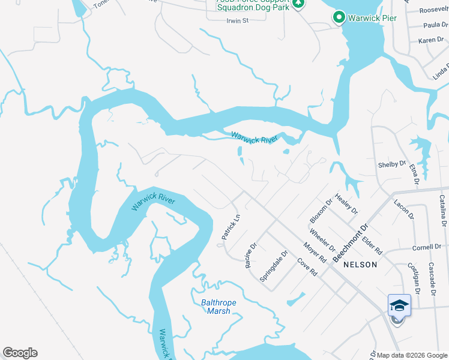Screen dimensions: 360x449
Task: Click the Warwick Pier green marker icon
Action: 339,18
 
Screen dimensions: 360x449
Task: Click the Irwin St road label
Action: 237,20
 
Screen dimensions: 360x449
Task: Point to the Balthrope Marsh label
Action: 215,307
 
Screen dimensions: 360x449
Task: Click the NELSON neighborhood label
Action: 361,265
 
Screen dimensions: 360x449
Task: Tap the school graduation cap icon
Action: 399,306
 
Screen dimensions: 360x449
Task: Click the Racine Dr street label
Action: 251,255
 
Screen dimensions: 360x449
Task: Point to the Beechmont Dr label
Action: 350,242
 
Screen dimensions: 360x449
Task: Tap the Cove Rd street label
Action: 307,267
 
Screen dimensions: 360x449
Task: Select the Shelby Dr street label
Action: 391,164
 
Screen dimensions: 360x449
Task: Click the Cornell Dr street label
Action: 426,247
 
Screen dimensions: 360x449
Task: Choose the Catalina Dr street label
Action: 443,210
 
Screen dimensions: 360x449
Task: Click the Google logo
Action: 20,353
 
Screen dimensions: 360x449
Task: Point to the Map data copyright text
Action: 412,355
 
